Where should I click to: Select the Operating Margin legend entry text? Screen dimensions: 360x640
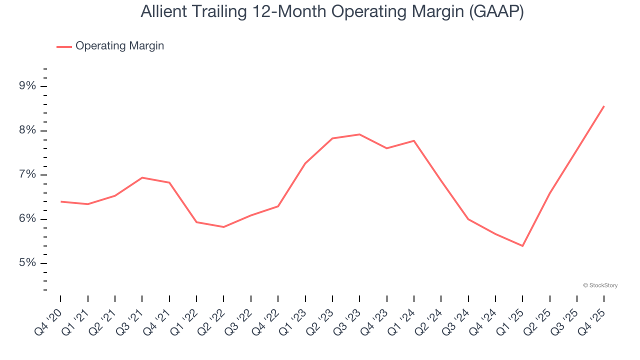coord(119,46)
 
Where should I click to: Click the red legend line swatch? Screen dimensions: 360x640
coord(64,46)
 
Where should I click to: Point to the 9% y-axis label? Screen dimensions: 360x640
coord(27,86)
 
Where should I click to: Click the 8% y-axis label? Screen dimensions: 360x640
coord(27,130)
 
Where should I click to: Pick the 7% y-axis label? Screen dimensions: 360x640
coord(27,174)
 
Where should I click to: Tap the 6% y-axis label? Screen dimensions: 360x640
coord(27,219)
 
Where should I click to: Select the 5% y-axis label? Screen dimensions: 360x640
coord(27,263)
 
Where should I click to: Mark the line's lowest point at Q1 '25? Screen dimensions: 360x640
coord(522,246)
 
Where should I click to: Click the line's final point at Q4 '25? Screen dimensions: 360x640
coord(604,106)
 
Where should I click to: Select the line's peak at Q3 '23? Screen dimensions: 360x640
coord(359,134)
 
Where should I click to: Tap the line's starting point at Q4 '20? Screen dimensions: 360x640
coord(61,201)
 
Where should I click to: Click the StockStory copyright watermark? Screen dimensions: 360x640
coord(600,285)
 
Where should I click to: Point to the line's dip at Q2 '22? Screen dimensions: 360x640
coord(223,227)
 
